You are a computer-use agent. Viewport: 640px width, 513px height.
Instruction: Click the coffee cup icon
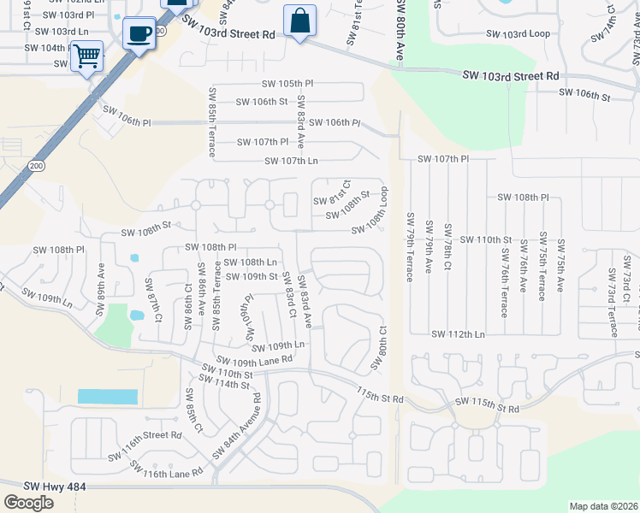point(139,34)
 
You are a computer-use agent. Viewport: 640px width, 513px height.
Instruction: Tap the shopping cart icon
point(86,56)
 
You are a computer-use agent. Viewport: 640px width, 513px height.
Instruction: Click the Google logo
point(29,502)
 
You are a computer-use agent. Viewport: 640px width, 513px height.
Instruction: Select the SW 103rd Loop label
point(516,34)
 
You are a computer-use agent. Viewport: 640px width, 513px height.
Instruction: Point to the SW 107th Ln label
point(291,161)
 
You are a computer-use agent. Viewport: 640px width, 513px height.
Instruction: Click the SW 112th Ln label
point(457,334)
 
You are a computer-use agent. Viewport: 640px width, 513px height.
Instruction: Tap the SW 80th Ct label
point(379,349)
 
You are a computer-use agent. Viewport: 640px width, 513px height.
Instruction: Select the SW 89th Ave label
point(101,280)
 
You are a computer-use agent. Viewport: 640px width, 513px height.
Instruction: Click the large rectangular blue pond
point(107,397)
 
